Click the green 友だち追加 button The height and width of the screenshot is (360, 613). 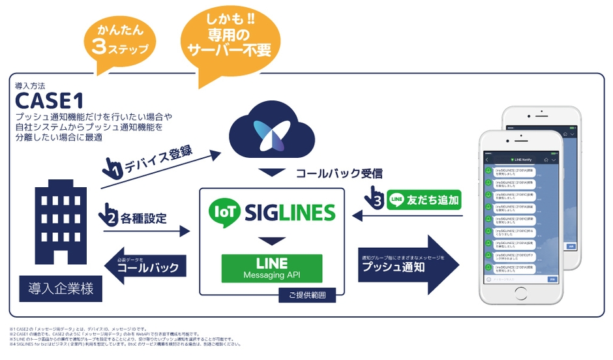pyautogui.click(x=424, y=200)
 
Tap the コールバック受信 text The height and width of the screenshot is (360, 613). pyautogui.click(x=338, y=174)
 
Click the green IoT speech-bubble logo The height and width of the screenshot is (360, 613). pyautogui.click(x=226, y=213)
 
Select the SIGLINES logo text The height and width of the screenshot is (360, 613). pyautogui.click(x=290, y=213)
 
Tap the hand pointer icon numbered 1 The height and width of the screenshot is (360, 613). pyautogui.click(x=112, y=167)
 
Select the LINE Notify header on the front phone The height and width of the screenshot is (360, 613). pyautogui.click(x=522, y=160)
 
